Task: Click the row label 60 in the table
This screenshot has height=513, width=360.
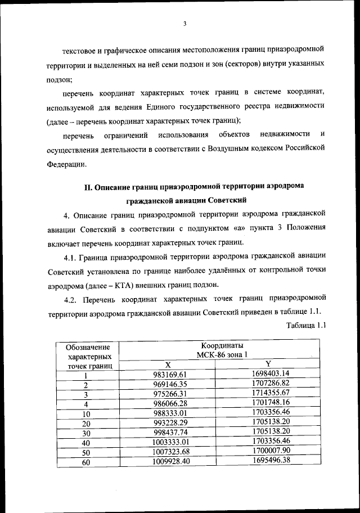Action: click(87, 463)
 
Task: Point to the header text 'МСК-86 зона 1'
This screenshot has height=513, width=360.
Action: click(222, 354)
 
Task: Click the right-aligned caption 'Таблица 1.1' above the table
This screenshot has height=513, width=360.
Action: click(306, 325)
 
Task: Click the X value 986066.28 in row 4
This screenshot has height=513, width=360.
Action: click(173, 404)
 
